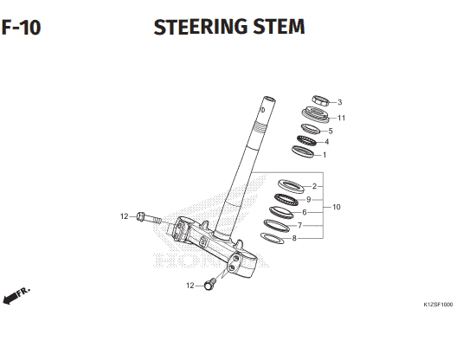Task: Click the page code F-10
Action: [21, 27]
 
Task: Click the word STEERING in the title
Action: [201, 26]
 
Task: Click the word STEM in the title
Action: [279, 26]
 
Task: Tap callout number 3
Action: [339, 102]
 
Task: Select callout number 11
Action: [341, 118]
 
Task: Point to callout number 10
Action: [337, 207]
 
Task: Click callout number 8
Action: [294, 238]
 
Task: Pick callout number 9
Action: [309, 199]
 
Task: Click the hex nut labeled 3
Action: [321, 100]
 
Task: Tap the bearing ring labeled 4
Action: [306, 140]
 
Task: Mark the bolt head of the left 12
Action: [140, 216]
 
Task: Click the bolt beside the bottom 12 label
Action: [210, 284]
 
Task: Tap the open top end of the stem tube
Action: [269, 99]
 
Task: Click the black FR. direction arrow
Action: [10, 299]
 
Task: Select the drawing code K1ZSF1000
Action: [438, 305]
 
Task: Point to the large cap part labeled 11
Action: [315, 114]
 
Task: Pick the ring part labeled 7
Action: [277, 225]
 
